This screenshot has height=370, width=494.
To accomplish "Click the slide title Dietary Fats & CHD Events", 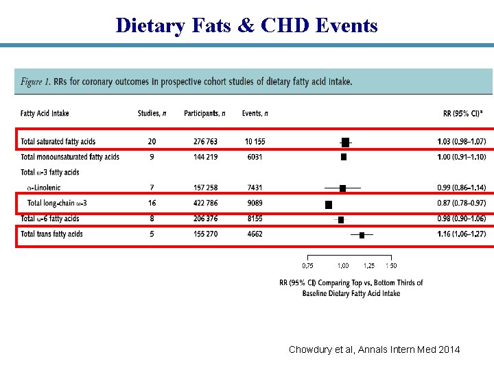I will pyautogui.click(x=247, y=25).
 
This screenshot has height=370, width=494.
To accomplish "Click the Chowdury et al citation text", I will pyautogui.click(x=375, y=350).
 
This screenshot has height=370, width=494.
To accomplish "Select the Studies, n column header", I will pyautogui.click(x=153, y=114).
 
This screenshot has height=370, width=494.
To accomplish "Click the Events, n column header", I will pyautogui.click(x=255, y=114).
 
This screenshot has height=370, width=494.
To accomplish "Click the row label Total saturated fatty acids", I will pyautogui.click(x=58, y=142).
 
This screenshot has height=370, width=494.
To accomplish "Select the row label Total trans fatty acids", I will pyautogui.click(x=51, y=234).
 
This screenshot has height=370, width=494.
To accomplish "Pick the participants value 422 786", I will pyautogui.click(x=201, y=203).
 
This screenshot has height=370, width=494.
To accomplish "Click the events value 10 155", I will pyautogui.click(x=255, y=142).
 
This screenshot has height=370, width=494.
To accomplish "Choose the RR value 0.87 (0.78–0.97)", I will pyautogui.click(x=461, y=203).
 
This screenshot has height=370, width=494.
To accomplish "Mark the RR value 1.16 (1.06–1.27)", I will pyautogui.click(x=461, y=234).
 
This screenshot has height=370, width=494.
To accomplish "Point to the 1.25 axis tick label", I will pyautogui.click(x=369, y=266).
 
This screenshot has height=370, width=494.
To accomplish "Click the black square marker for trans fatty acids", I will pyautogui.click(x=362, y=235).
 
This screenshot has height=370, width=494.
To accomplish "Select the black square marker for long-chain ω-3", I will pyautogui.click(x=329, y=204).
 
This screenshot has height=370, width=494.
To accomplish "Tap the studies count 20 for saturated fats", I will pyautogui.click(x=152, y=142).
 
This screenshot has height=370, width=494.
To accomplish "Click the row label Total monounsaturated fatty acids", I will pyautogui.click(x=70, y=157).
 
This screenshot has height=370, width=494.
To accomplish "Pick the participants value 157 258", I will pyautogui.click(x=201, y=188).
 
